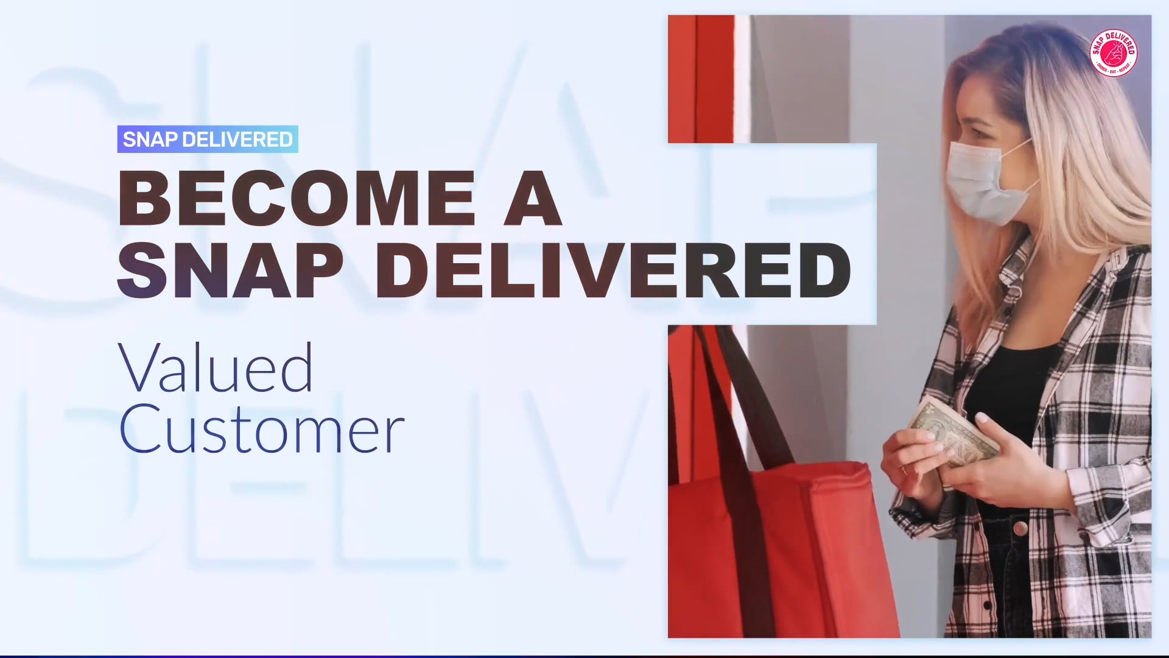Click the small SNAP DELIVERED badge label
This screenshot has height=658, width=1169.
click(x=208, y=140)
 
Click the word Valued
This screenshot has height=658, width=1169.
click(x=216, y=368)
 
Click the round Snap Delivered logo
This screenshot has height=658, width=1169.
click(x=1114, y=54)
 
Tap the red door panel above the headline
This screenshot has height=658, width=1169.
click(x=700, y=79)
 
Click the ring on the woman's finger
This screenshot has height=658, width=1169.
click(x=904, y=470)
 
